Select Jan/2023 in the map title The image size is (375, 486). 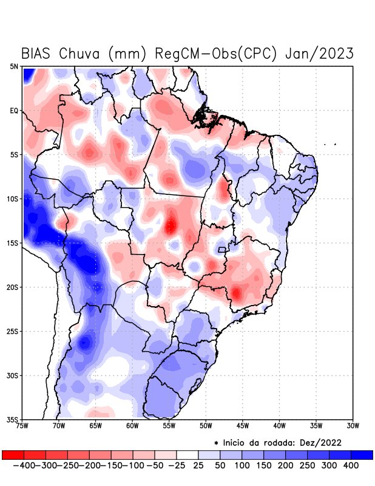(x=319, y=53)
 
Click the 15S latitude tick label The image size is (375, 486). (x=13, y=243)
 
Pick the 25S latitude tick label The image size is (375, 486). (x=13, y=331)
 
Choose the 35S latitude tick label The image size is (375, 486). (x=13, y=419)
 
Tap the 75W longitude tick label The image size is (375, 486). (x=23, y=426)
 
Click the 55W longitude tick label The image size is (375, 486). (x=170, y=426)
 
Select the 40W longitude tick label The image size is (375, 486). (x=280, y=426)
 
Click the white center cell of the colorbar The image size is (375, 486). (x=187, y=454)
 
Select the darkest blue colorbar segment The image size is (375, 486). (x=362, y=454)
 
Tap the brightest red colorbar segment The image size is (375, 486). (x=13, y=454)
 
